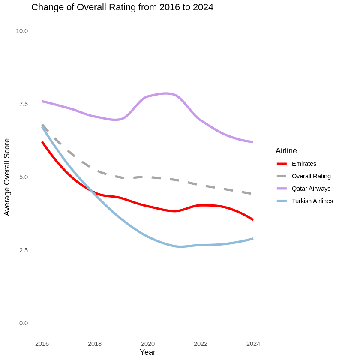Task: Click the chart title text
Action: coord(122,7)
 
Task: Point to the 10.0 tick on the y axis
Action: coord(22,31)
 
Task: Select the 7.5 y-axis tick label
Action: coord(23,104)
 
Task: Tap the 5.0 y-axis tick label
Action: coord(23,177)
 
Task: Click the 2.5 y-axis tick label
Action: coord(23,250)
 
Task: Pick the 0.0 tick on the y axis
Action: coord(23,323)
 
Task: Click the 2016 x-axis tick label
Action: coord(42,344)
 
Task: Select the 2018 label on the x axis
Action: coord(95,344)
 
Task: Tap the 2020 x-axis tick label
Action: coord(148,344)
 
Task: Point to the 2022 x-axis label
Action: coord(201,344)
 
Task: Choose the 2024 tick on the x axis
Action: coord(253,344)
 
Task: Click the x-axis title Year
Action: coord(147,352)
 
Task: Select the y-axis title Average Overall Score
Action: coord(7,177)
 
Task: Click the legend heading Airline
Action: coord(286,151)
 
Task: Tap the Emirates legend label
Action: coord(304,164)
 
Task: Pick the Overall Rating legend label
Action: coord(311,176)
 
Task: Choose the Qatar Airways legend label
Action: coord(311,189)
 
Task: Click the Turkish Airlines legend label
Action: coord(312,201)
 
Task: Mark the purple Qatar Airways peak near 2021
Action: coord(166,93)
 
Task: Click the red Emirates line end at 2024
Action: coord(253,219)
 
